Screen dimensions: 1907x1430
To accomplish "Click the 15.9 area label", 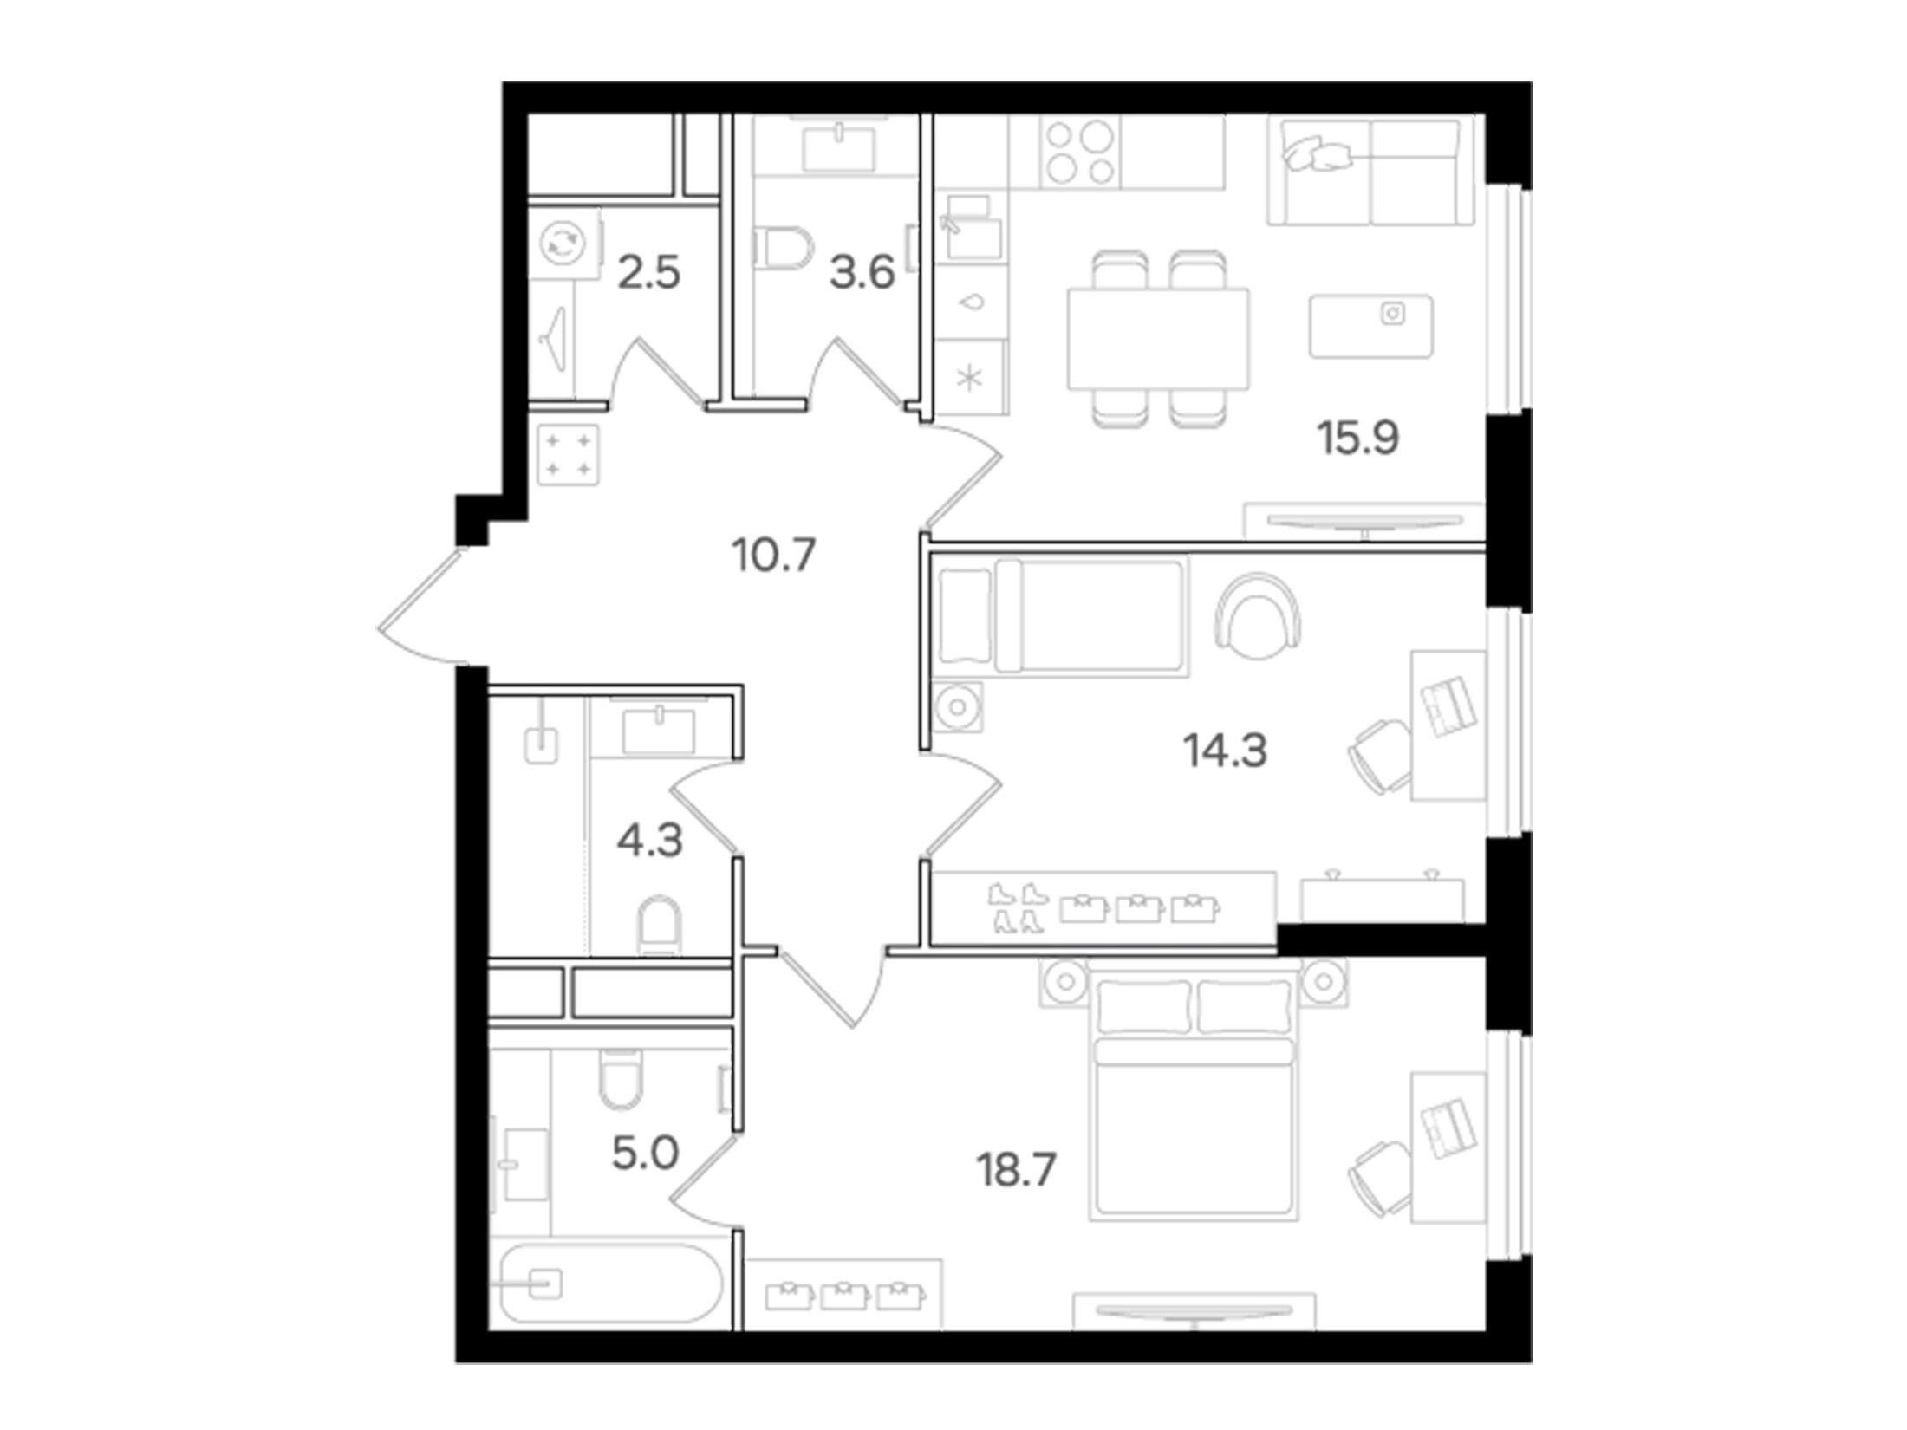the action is click(1358, 438).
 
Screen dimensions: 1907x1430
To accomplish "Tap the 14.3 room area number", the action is click(1226, 751).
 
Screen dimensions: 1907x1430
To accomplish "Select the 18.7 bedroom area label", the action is click(1016, 1171).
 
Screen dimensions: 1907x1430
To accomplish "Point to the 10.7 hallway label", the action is click(774, 555).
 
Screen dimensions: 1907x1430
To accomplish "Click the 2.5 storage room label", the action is click(648, 274).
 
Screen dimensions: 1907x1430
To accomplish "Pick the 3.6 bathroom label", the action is click(862, 274).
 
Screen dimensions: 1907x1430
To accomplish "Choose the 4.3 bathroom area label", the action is click(650, 841).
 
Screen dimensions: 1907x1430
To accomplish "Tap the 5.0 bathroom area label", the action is click(645, 1154).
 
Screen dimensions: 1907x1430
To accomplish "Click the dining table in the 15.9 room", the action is click(1159, 339).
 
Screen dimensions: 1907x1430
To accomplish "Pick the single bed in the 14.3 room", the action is click(1064, 616).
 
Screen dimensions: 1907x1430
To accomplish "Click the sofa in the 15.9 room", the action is click(1370, 172).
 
